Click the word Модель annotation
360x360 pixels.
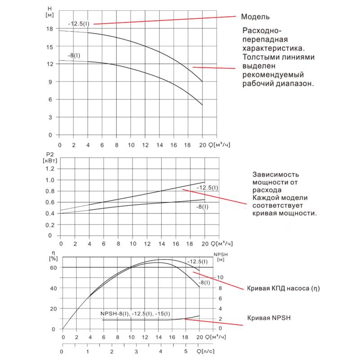click(x=255, y=17)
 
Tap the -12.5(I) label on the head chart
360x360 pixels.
click(x=79, y=23)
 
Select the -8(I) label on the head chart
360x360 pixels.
click(x=74, y=55)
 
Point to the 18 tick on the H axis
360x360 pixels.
click(x=49, y=29)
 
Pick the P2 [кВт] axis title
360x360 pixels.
click(x=50, y=157)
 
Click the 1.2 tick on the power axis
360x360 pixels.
click(x=49, y=168)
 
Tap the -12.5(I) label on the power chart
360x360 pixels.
click(x=207, y=187)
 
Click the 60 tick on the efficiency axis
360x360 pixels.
click(x=54, y=267)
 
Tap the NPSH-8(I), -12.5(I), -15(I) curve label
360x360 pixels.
click(x=132, y=314)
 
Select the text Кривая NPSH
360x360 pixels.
click(x=269, y=318)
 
